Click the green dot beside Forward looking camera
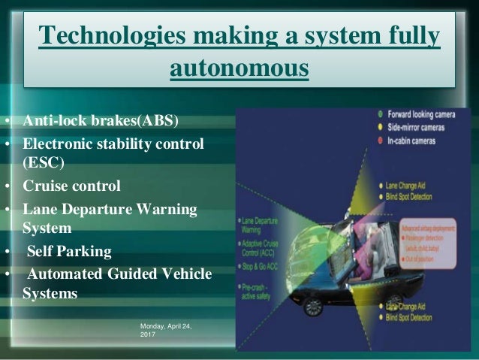coord(381,116)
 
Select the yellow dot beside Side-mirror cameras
coord(381,128)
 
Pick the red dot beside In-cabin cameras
coord(381,140)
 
